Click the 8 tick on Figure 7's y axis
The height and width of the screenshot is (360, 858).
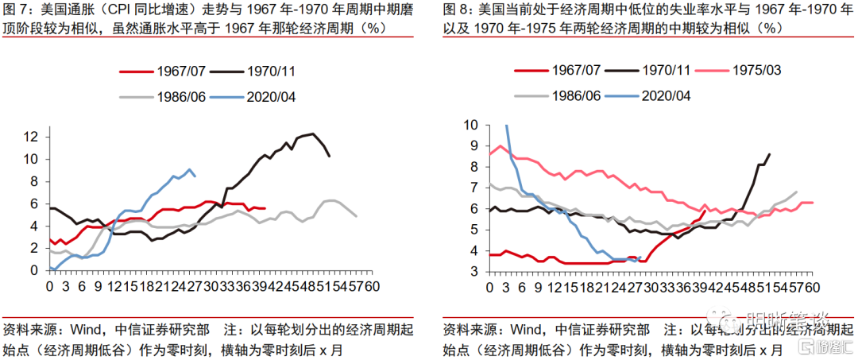coord(35,181)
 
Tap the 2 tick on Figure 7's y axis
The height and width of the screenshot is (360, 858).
coord(35,248)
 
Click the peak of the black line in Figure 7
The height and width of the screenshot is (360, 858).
coord(313,134)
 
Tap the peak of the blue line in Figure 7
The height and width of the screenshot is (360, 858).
coord(189,168)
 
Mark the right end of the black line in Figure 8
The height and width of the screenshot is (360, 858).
coord(769,154)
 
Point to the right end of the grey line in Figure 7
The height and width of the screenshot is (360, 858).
coord(356,216)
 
